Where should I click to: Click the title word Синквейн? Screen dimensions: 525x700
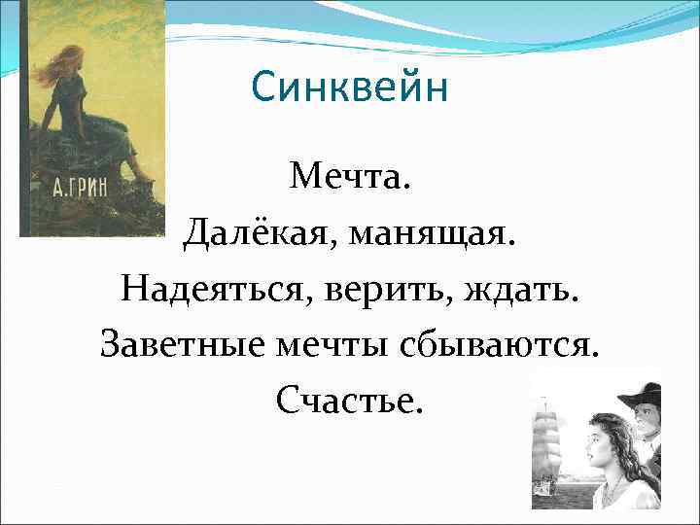tap(349, 89)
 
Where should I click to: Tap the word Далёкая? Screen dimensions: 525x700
tap(254, 233)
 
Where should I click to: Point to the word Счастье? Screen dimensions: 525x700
tap(349, 400)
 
